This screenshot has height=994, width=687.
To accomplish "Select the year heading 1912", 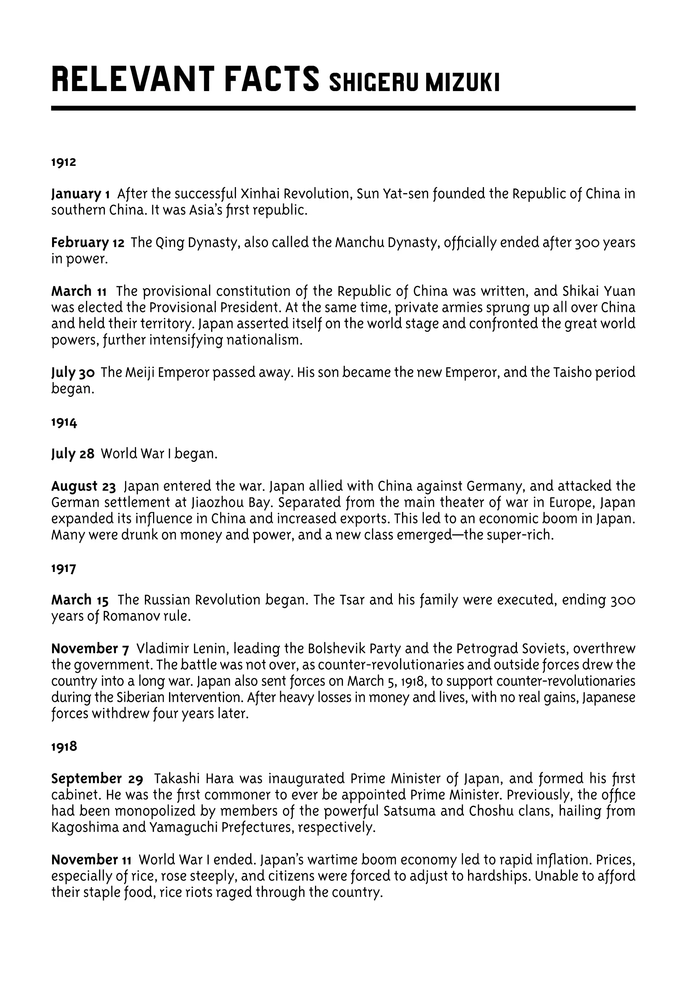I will pos(64,162).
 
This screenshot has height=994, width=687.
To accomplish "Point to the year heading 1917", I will pos(64,569).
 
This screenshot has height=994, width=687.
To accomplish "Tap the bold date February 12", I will pos(88,243).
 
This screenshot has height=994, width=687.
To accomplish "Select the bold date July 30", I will pos(73,373).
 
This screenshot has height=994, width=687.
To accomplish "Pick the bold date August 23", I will pos(84,487).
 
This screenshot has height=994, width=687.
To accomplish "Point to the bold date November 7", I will pos(90,649).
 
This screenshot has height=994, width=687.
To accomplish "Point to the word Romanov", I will pos(129,617).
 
